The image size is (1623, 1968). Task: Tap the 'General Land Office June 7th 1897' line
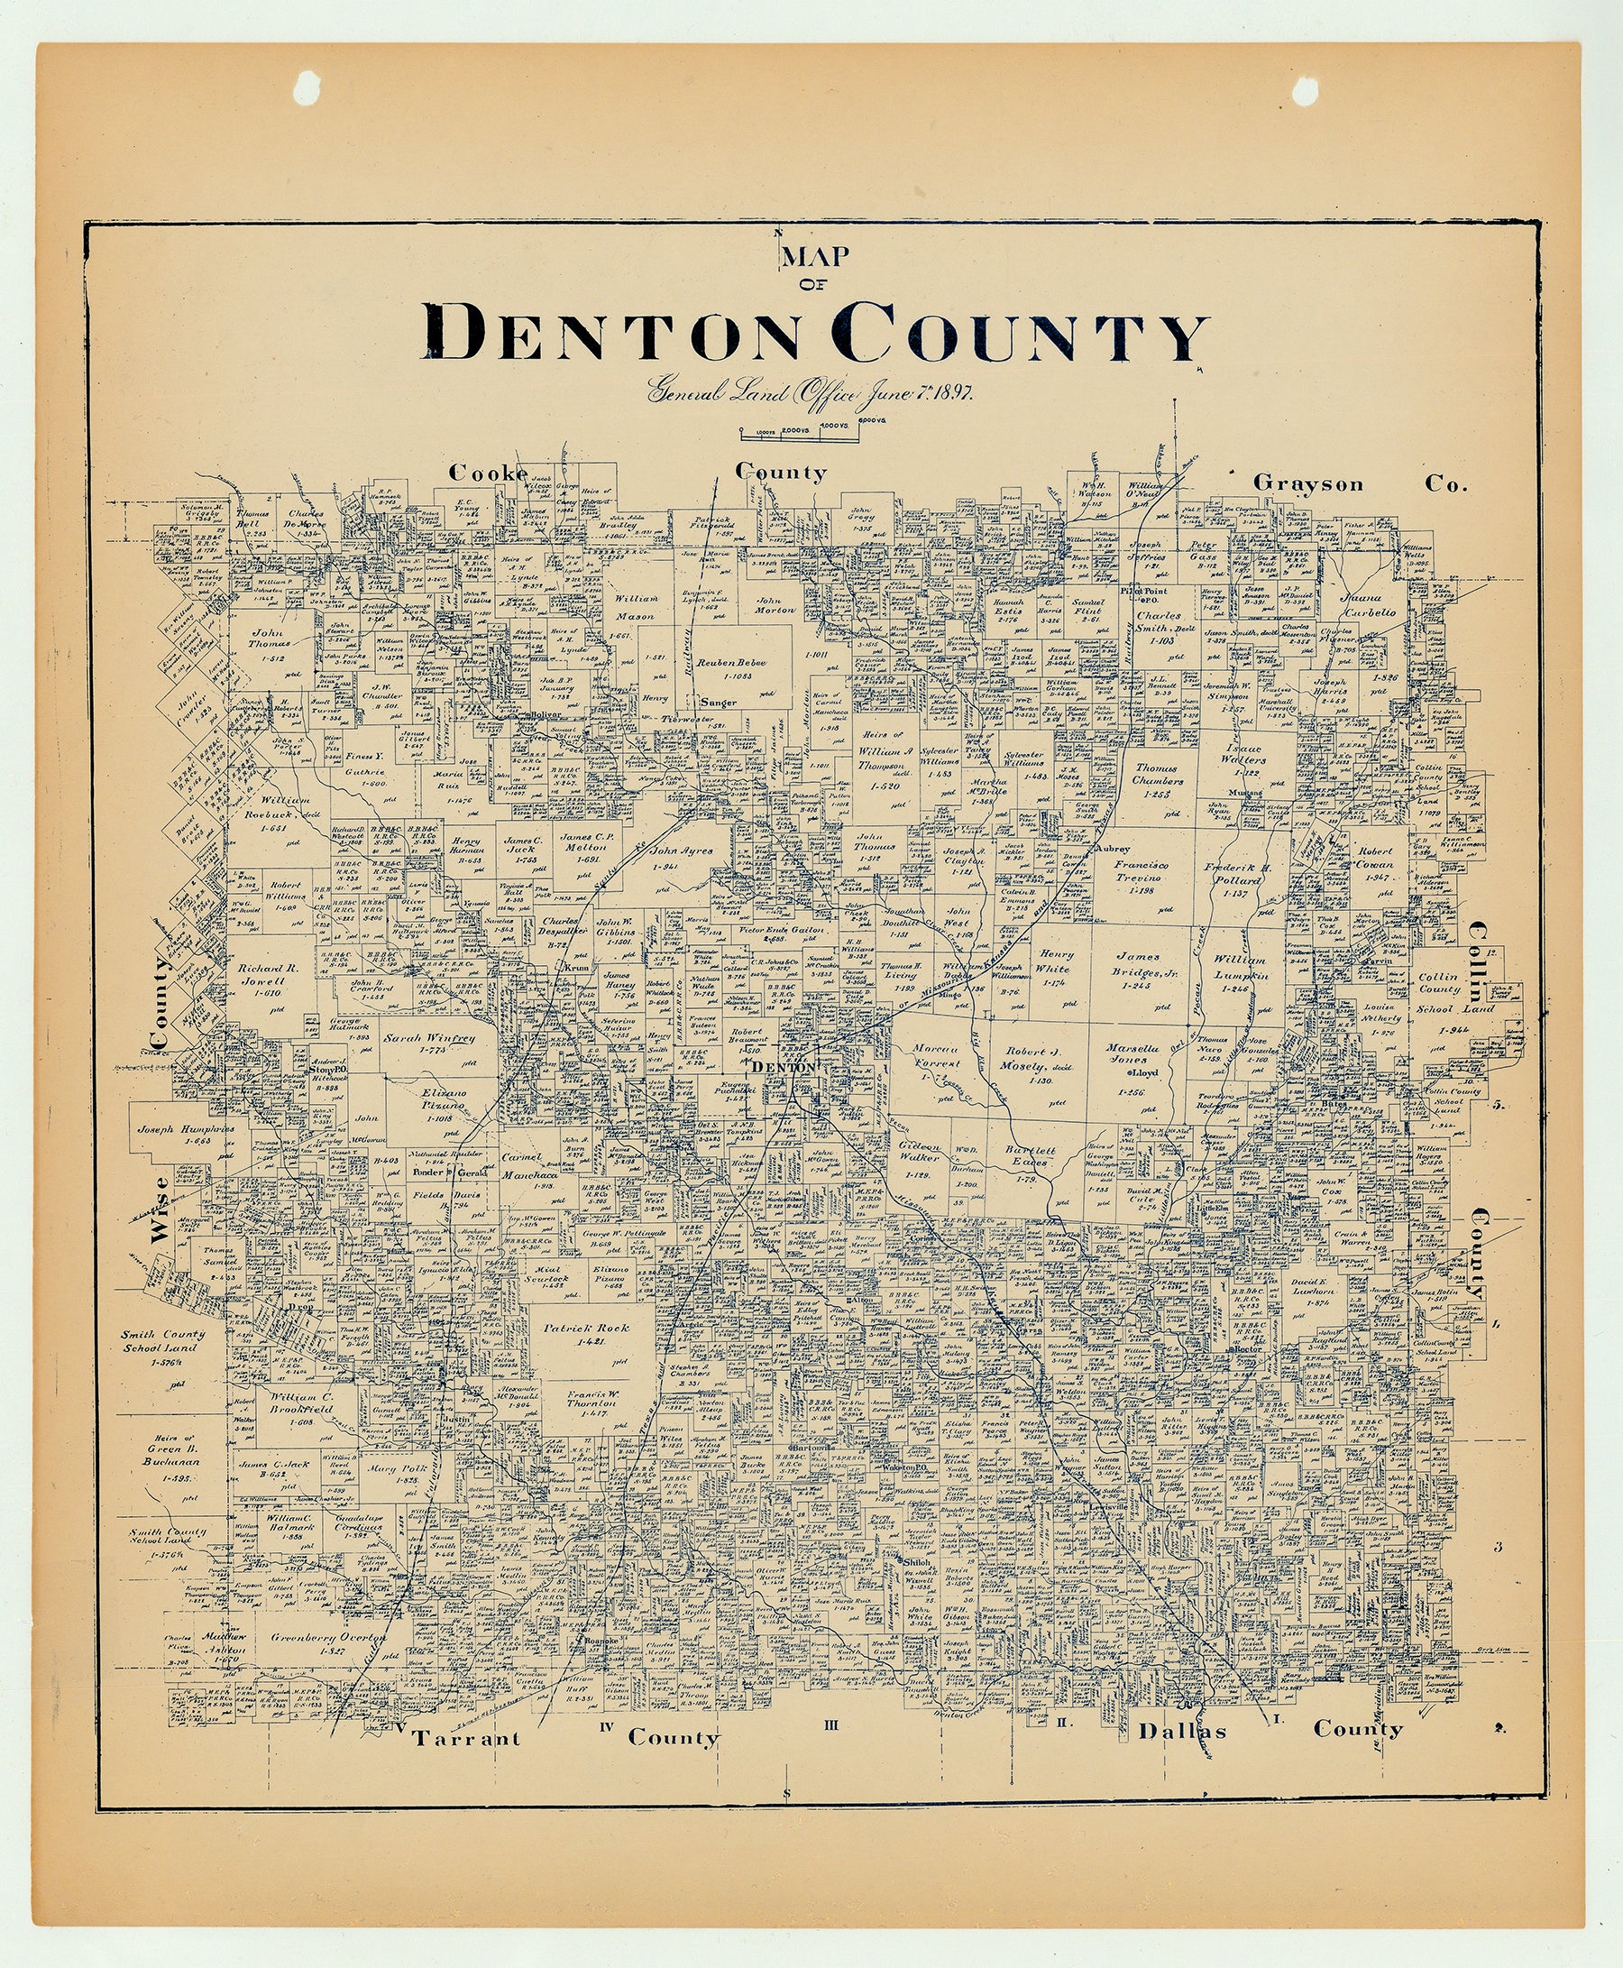(x=811, y=391)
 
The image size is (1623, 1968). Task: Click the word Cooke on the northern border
(x=488, y=474)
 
